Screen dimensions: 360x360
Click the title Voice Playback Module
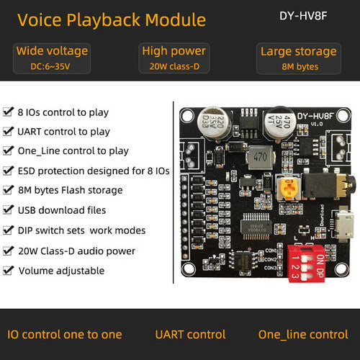(x=112, y=20)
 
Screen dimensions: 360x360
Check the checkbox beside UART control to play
(x=9, y=131)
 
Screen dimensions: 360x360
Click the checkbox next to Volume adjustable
(x=9, y=271)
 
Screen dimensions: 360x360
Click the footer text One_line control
(x=303, y=335)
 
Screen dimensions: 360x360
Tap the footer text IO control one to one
(x=65, y=335)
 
